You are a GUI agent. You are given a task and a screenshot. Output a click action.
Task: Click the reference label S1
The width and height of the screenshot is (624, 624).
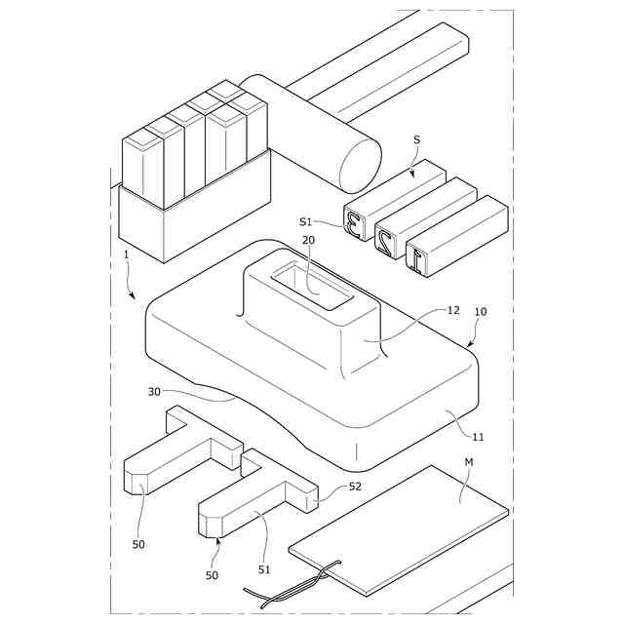click(305, 221)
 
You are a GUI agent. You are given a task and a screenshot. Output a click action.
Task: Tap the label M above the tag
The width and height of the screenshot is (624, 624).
click(469, 460)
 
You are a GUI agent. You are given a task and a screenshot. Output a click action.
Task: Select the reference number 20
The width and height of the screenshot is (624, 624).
click(308, 240)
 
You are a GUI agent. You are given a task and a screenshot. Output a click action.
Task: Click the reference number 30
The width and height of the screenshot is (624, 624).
click(154, 392)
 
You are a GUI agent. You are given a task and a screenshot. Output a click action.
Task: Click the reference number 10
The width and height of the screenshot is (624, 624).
click(481, 312)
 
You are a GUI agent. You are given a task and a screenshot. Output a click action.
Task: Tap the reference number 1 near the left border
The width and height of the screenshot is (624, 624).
click(126, 255)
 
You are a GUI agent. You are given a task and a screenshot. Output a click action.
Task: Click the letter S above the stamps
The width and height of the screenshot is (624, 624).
click(417, 140)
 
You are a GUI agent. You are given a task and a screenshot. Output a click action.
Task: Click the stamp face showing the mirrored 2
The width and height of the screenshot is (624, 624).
click(387, 244)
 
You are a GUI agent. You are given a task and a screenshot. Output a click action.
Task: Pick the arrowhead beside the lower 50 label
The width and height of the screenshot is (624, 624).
click(219, 537)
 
